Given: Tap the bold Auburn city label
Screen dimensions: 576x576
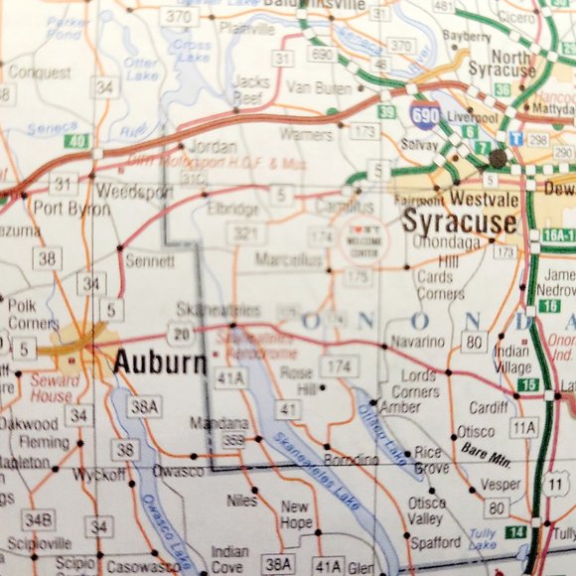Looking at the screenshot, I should (158, 361).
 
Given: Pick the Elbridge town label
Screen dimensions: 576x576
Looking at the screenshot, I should (233, 210).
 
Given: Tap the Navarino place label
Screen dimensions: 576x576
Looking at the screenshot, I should (418, 342).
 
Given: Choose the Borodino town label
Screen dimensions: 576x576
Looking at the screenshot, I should (351, 460).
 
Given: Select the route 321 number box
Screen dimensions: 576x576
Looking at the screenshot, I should (241, 232).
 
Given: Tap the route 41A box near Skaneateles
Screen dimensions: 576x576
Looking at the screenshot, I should (230, 377).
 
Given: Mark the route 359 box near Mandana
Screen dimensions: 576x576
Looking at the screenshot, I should (234, 439).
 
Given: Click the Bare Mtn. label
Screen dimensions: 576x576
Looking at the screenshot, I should (486, 451).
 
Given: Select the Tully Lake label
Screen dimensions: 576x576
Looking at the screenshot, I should (483, 538).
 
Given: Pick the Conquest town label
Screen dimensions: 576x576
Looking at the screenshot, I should (39, 72).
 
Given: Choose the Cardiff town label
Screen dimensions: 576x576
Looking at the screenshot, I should (488, 406).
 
